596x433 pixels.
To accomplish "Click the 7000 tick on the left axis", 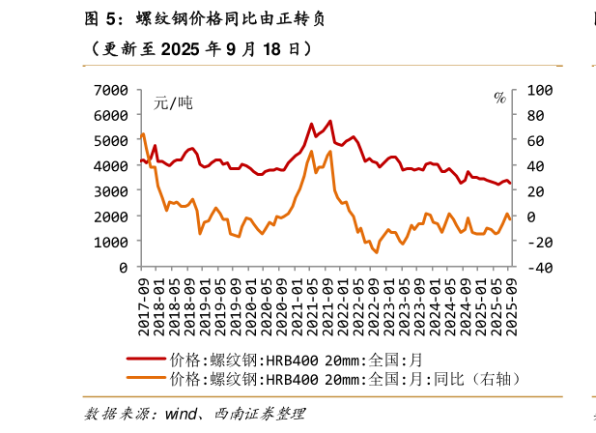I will click(111, 90).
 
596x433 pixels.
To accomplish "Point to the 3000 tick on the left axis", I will click(111, 190).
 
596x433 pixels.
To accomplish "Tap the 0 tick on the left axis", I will click(123, 267).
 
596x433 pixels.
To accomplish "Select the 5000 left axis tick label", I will click(111, 140).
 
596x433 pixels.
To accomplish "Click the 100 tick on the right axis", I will click(541, 90).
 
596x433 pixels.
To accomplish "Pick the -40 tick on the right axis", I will click(541, 267).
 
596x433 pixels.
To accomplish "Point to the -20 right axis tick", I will click(541, 242).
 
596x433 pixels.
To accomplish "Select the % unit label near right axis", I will click(499, 98).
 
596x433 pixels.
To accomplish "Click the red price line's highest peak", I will click(329, 121).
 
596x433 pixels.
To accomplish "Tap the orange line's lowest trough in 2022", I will click(377, 252).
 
